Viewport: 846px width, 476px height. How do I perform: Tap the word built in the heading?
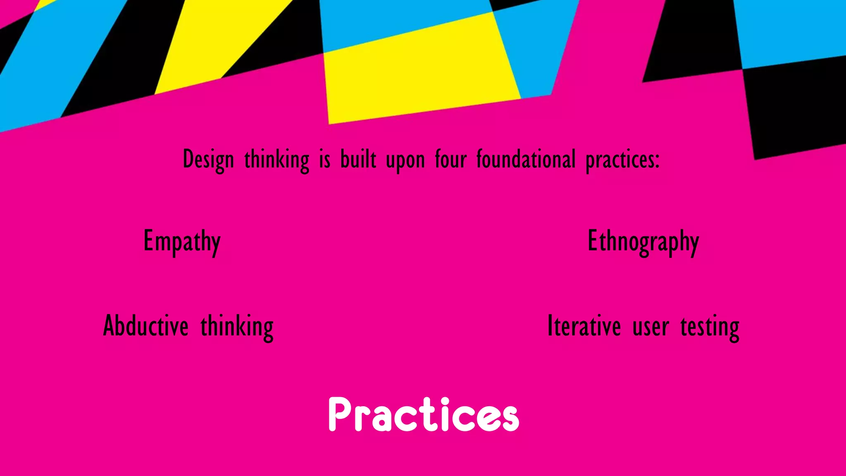click(358, 159)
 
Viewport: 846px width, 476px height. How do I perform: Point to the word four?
click(451, 159)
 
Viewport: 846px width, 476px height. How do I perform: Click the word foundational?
click(526, 159)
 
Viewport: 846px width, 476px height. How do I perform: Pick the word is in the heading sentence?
click(325, 159)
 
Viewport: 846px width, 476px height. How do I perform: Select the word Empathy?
click(182, 242)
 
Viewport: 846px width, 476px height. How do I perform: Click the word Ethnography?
click(643, 242)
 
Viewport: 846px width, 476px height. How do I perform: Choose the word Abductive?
click(146, 326)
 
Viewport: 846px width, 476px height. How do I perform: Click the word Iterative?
click(584, 326)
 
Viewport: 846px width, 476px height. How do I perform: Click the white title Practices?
click(423, 414)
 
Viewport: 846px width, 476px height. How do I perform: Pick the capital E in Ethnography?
click(593, 240)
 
